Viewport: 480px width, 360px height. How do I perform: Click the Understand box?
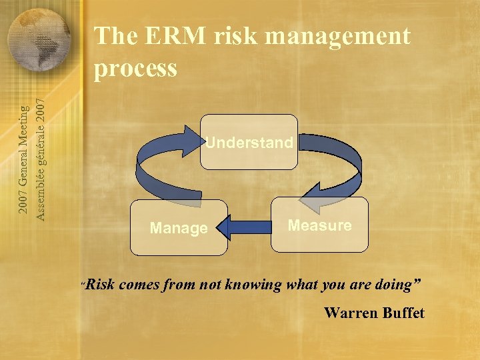(249, 143)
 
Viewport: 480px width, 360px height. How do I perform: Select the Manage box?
(179, 228)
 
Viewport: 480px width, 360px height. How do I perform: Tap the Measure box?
(319, 225)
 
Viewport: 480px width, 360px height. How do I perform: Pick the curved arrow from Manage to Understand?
(160, 160)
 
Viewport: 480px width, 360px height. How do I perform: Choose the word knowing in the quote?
(254, 285)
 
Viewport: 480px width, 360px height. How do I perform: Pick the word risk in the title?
(239, 36)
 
